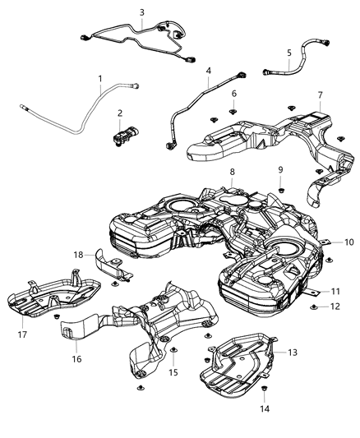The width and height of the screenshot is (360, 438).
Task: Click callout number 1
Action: tap(100, 80)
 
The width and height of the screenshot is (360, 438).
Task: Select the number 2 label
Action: tap(120, 113)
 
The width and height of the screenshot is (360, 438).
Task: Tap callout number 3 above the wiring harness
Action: tap(141, 12)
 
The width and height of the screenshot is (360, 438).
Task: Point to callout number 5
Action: tap(289, 53)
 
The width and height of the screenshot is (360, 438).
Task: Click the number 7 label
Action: tap(320, 95)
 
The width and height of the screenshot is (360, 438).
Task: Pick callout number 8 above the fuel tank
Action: tap(233, 172)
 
